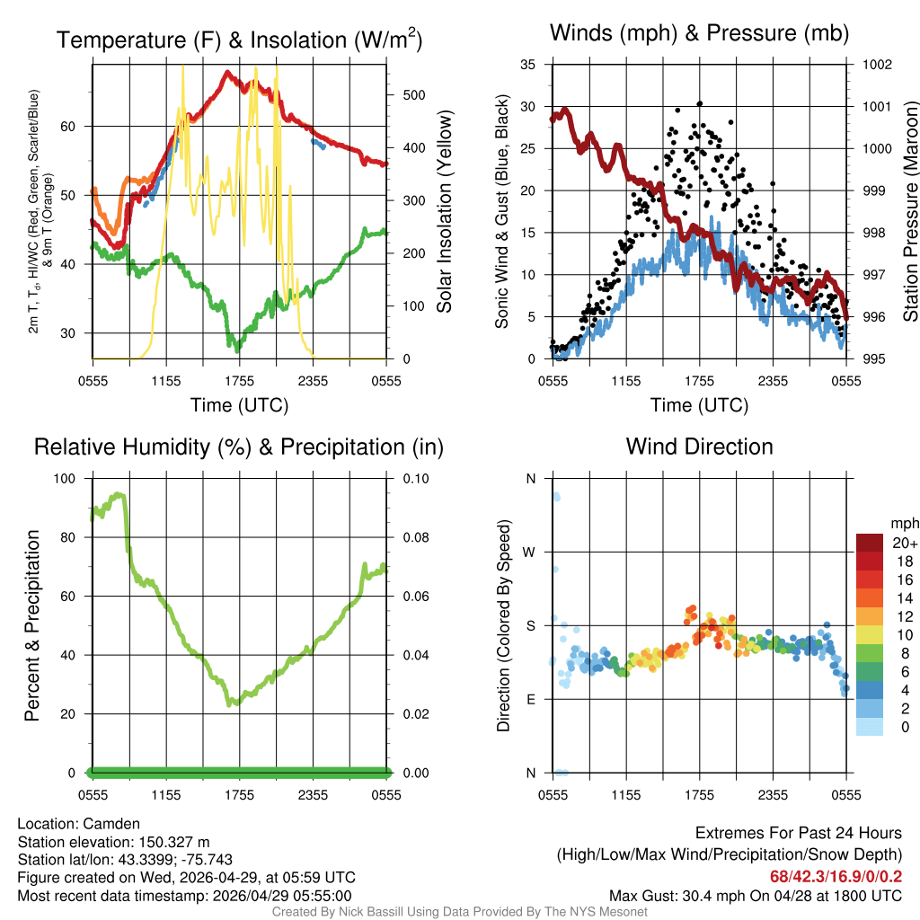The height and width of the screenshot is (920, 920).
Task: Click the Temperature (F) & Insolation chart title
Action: tap(239, 40)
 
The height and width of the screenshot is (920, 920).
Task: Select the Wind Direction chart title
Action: tap(699, 447)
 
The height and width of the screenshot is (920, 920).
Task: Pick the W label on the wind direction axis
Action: tap(530, 552)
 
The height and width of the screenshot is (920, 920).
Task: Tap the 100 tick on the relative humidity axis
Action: tap(68, 479)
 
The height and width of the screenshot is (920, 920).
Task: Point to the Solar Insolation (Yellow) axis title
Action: tap(445, 211)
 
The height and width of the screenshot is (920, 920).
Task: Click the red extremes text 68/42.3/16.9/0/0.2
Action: tap(836, 876)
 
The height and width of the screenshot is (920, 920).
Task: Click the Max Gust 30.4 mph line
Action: tap(755, 896)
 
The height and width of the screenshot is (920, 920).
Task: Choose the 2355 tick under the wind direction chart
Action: tap(773, 795)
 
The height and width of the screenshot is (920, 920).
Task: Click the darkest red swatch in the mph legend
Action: tap(870, 543)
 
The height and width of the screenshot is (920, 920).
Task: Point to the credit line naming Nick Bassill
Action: tap(460, 912)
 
